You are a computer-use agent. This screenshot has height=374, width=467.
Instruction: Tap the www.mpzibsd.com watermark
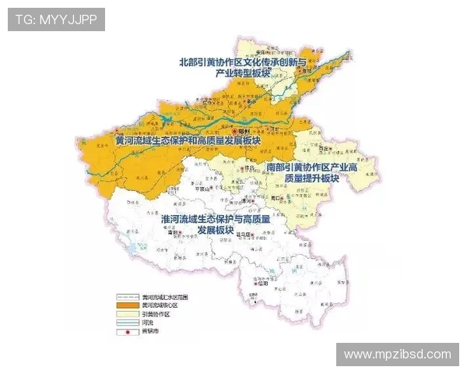pos(398,355)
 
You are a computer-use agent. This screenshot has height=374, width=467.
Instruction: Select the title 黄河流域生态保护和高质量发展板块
pos(186,141)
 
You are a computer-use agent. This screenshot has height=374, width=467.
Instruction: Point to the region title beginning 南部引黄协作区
pos(311,172)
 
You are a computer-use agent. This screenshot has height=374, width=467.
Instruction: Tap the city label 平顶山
pos(202,189)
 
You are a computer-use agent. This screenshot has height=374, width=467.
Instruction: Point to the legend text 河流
pos(148,322)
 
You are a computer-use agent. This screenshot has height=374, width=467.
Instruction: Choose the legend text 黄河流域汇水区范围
pos(165,297)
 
